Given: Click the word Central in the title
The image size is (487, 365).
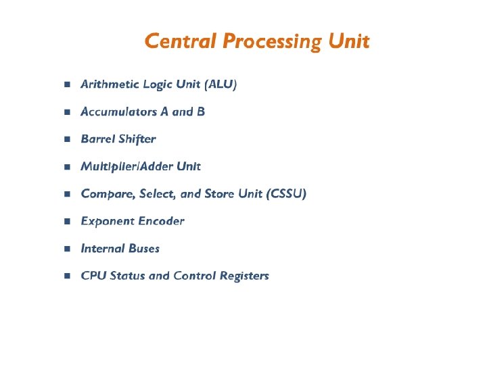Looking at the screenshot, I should pyautogui.click(x=181, y=41).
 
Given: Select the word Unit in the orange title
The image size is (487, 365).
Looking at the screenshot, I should pyautogui.click(x=348, y=41).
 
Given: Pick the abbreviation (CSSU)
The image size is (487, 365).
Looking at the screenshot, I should pyautogui.click(x=287, y=194).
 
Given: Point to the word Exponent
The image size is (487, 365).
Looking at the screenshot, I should pyautogui.click(x=107, y=221).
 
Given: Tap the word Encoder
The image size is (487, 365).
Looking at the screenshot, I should pyautogui.click(x=161, y=221).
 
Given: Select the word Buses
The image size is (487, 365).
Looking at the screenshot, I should pyautogui.click(x=141, y=248).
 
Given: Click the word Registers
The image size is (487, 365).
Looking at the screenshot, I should pyautogui.click(x=244, y=276).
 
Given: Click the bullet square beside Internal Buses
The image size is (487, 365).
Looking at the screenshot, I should pyautogui.click(x=66, y=249).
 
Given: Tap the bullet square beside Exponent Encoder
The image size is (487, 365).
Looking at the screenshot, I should pyautogui.click(x=66, y=222).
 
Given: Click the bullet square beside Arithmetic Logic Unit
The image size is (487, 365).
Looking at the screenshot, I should pyautogui.click(x=66, y=85).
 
